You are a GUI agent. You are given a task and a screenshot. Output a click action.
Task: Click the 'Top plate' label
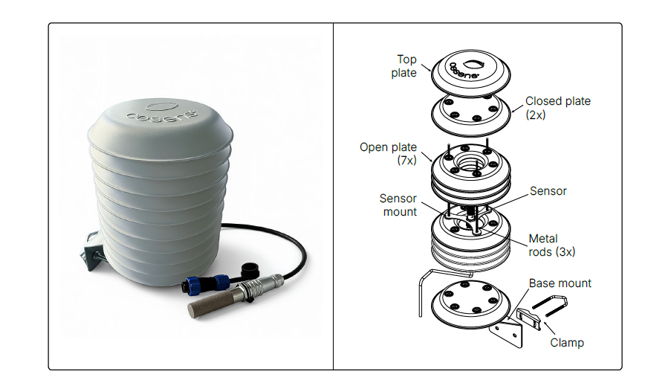pos(403,66)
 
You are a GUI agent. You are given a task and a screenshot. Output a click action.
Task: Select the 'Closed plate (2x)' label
pos(557,108)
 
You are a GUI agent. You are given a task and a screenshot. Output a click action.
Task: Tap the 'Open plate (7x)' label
pos(388,153)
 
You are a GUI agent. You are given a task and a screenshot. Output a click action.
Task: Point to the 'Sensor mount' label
pos(398,205)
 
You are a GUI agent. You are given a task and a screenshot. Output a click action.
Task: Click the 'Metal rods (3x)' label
pos(551,245)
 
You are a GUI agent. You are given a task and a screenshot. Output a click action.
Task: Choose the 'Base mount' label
pos(560,283)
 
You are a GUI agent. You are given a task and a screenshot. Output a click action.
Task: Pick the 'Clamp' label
pos(566,343)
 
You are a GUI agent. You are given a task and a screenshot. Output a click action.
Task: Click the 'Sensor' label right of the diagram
pos(548,190)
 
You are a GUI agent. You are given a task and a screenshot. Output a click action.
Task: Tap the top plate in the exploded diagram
pos(470,71)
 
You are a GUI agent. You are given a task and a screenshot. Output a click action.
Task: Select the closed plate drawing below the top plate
pos(470,112)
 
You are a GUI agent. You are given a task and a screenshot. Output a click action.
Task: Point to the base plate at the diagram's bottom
pos(470,303)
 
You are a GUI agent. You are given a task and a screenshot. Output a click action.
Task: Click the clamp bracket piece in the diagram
pos(529,318)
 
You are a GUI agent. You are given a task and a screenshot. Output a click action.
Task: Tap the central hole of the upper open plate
pos(470,163)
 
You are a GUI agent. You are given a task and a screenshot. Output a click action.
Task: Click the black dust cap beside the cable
pos(248,270)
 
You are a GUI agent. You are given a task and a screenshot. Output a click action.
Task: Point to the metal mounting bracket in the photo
pos(92,251)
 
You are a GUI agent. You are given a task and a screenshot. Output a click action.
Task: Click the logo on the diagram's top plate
pos(467,68)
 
